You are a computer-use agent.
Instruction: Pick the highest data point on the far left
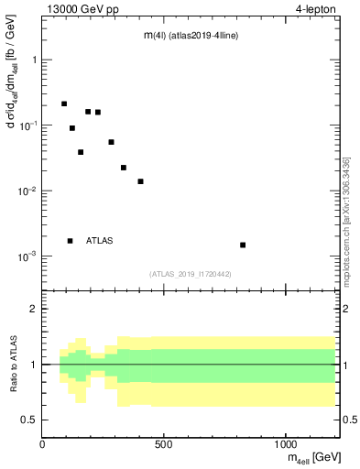(x=64, y=104)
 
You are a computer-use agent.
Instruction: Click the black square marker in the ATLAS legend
(x=71, y=241)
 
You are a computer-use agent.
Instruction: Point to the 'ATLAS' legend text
(x=100, y=241)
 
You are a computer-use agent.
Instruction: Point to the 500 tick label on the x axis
(x=164, y=443)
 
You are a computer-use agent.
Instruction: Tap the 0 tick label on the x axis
(x=42, y=443)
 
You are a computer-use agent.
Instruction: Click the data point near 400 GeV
(x=140, y=181)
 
